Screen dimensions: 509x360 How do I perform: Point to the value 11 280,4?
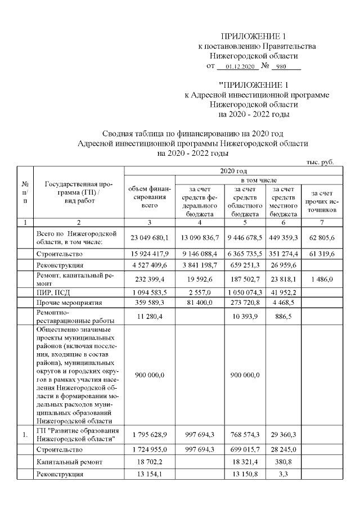click(149, 317)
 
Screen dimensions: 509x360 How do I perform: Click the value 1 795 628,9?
click(149, 435)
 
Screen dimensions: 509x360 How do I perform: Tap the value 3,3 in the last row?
click(283, 474)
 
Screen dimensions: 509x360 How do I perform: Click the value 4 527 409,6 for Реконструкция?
click(149, 265)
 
